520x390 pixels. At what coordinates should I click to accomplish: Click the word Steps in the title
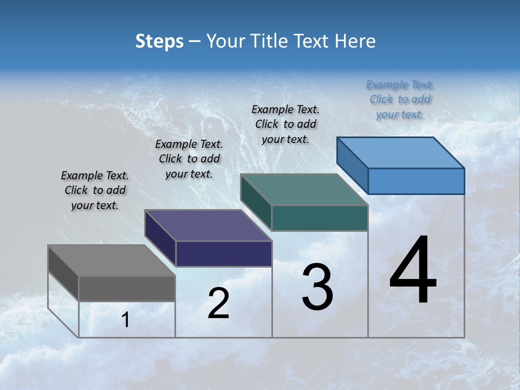coord(159,41)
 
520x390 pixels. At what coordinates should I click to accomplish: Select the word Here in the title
coord(356,41)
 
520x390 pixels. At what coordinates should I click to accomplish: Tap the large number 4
coord(413,271)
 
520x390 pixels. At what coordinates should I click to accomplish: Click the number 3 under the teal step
coord(317,288)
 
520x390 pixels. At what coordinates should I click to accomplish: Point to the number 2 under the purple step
coord(218,303)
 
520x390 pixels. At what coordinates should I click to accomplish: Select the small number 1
coord(126,320)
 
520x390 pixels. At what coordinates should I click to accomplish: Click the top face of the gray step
coord(112,261)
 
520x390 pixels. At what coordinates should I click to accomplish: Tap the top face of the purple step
coord(208,225)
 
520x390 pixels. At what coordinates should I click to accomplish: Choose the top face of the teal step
coord(304,190)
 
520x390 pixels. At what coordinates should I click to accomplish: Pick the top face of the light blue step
coord(400,153)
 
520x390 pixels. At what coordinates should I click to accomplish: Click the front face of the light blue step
coord(416,181)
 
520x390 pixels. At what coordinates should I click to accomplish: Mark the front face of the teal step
coord(320,218)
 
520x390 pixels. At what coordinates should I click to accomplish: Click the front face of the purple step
coord(223,253)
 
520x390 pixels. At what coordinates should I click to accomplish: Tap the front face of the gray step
coord(127,288)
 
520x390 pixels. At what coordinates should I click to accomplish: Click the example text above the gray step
coord(95,190)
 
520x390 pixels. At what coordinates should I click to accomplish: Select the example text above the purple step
coord(189,159)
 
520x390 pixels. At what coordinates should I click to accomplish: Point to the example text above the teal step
coord(285,124)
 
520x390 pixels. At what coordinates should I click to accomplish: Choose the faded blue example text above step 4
coord(400,99)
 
